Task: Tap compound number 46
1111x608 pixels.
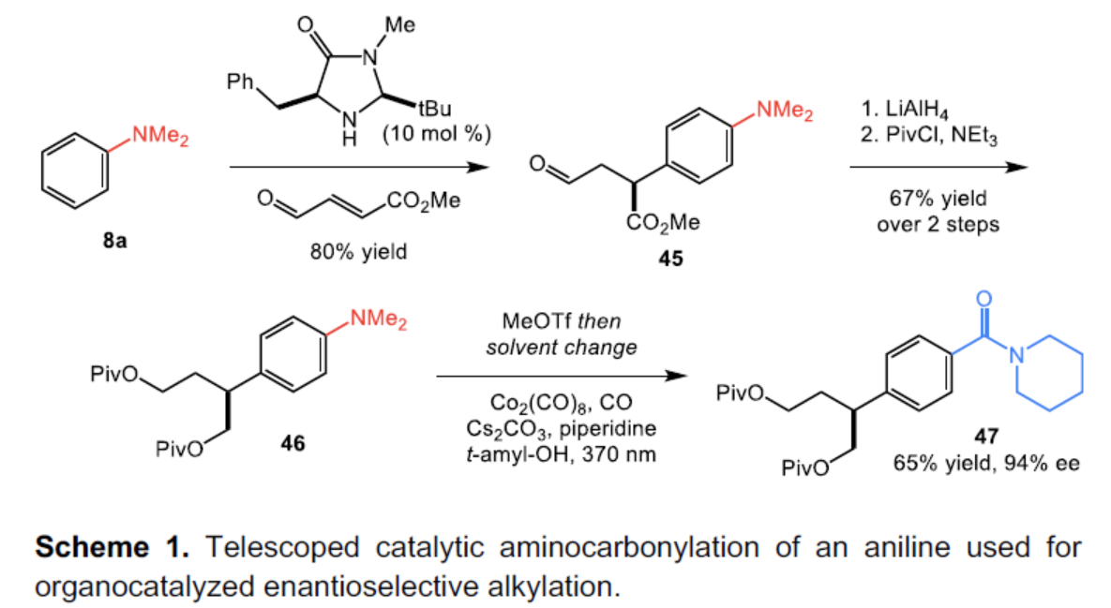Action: pos(293,443)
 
